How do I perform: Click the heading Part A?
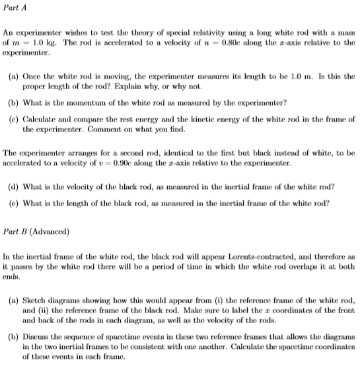click(x=15, y=7)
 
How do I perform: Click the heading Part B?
click(x=15, y=231)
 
